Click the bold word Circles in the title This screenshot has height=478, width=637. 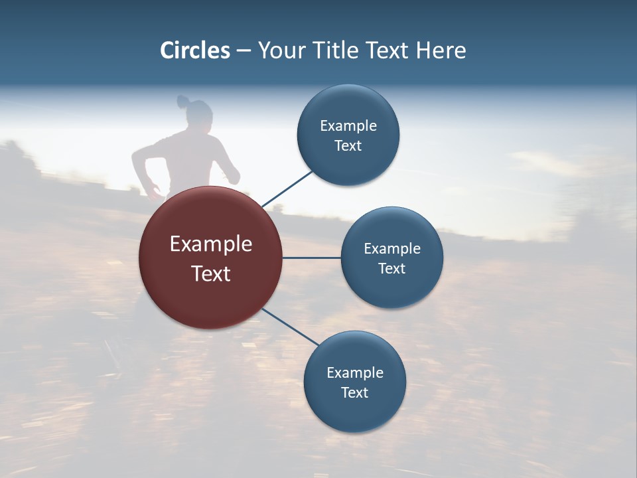pos(195,50)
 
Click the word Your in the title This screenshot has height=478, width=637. pos(279,50)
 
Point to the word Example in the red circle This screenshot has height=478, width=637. pos(211,244)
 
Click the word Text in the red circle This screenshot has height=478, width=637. pos(211,274)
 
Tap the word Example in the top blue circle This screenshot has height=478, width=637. pos(348,125)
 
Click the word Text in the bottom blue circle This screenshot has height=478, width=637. pos(354,392)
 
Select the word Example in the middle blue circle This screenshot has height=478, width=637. pos(392,249)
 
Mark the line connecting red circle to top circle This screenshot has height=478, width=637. pos(287,188)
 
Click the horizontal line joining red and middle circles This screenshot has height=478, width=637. pos(312,258)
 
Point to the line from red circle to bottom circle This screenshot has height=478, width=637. pos(290,327)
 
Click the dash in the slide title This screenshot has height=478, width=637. pos(244,51)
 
